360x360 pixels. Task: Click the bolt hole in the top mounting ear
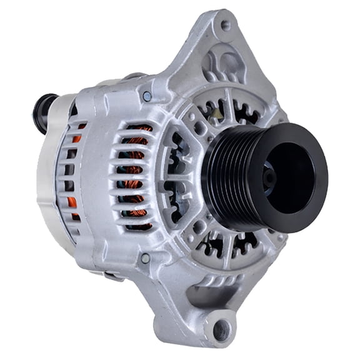(225, 26)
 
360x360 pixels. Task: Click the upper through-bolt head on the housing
(147, 96)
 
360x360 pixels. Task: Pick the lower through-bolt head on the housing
(145, 257)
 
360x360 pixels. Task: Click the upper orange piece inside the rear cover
(76, 138)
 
